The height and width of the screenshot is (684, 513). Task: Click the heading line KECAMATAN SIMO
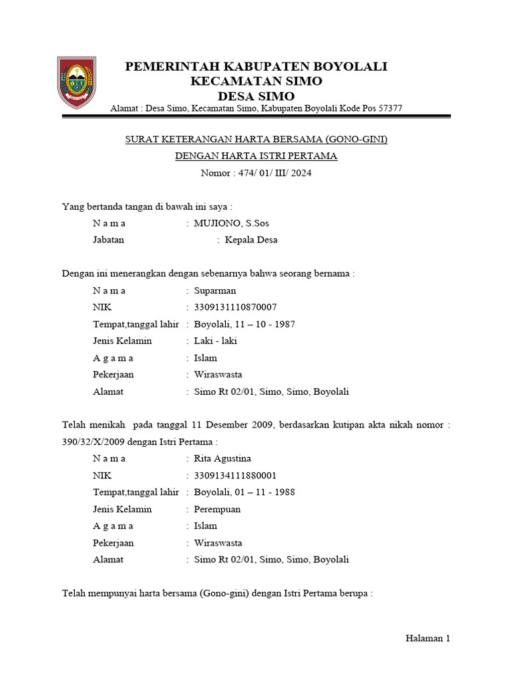click(256, 81)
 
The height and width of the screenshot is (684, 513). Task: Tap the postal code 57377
click(389, 108)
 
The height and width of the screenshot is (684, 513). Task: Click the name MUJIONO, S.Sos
click(231, 223)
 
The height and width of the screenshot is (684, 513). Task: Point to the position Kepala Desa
click(251, 240)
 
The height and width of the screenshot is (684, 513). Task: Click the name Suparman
click(214, 291)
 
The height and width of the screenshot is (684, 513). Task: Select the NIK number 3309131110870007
click(235, 307)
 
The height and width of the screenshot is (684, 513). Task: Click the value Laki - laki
click(215, 341)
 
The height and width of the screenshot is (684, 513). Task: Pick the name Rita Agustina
click(222, 458)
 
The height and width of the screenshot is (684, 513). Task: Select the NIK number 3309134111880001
click(235, 476)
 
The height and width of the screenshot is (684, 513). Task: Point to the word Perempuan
click(217, 509)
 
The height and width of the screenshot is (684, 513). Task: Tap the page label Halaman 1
click(428, 639)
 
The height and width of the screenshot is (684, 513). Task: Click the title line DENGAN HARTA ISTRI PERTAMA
click(256, 156)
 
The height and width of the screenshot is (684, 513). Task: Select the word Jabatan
click(108, 240)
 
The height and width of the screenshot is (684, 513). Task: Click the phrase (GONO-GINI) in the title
click(357, 140)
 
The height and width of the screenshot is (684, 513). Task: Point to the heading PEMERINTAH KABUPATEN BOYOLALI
click(256, 67)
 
